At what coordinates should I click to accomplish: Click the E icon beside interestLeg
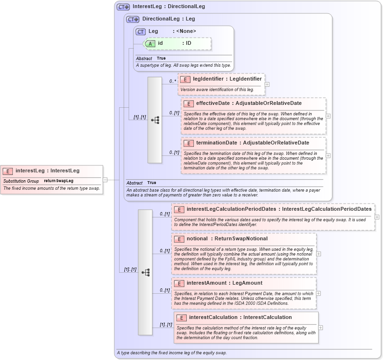[x=8, y=171]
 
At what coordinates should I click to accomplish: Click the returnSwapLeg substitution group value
[x=59, y=181]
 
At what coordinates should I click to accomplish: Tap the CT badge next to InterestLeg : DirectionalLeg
[x=123, y=7]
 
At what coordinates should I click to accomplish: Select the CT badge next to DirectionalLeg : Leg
[x=132, y=20]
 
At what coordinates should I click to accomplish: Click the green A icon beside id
[x=150, y=43]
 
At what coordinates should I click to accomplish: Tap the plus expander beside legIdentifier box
[x=267, y=84]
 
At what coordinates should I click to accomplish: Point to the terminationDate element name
[x=216, y=143]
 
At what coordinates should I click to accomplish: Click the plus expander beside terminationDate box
[x=328, y=155]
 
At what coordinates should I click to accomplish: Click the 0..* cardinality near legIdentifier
[x=172, y=81]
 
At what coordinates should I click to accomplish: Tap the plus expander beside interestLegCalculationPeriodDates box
[x=377, y=217]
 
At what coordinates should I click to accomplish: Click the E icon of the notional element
[x=179, y=239]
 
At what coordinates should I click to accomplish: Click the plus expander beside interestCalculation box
[x=321, y=328]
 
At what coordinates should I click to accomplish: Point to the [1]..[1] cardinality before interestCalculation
[x=165, y=325]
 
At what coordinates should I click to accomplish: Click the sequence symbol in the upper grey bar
[x=155, y=120]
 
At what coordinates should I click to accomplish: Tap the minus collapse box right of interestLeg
[x=105, y=180]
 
